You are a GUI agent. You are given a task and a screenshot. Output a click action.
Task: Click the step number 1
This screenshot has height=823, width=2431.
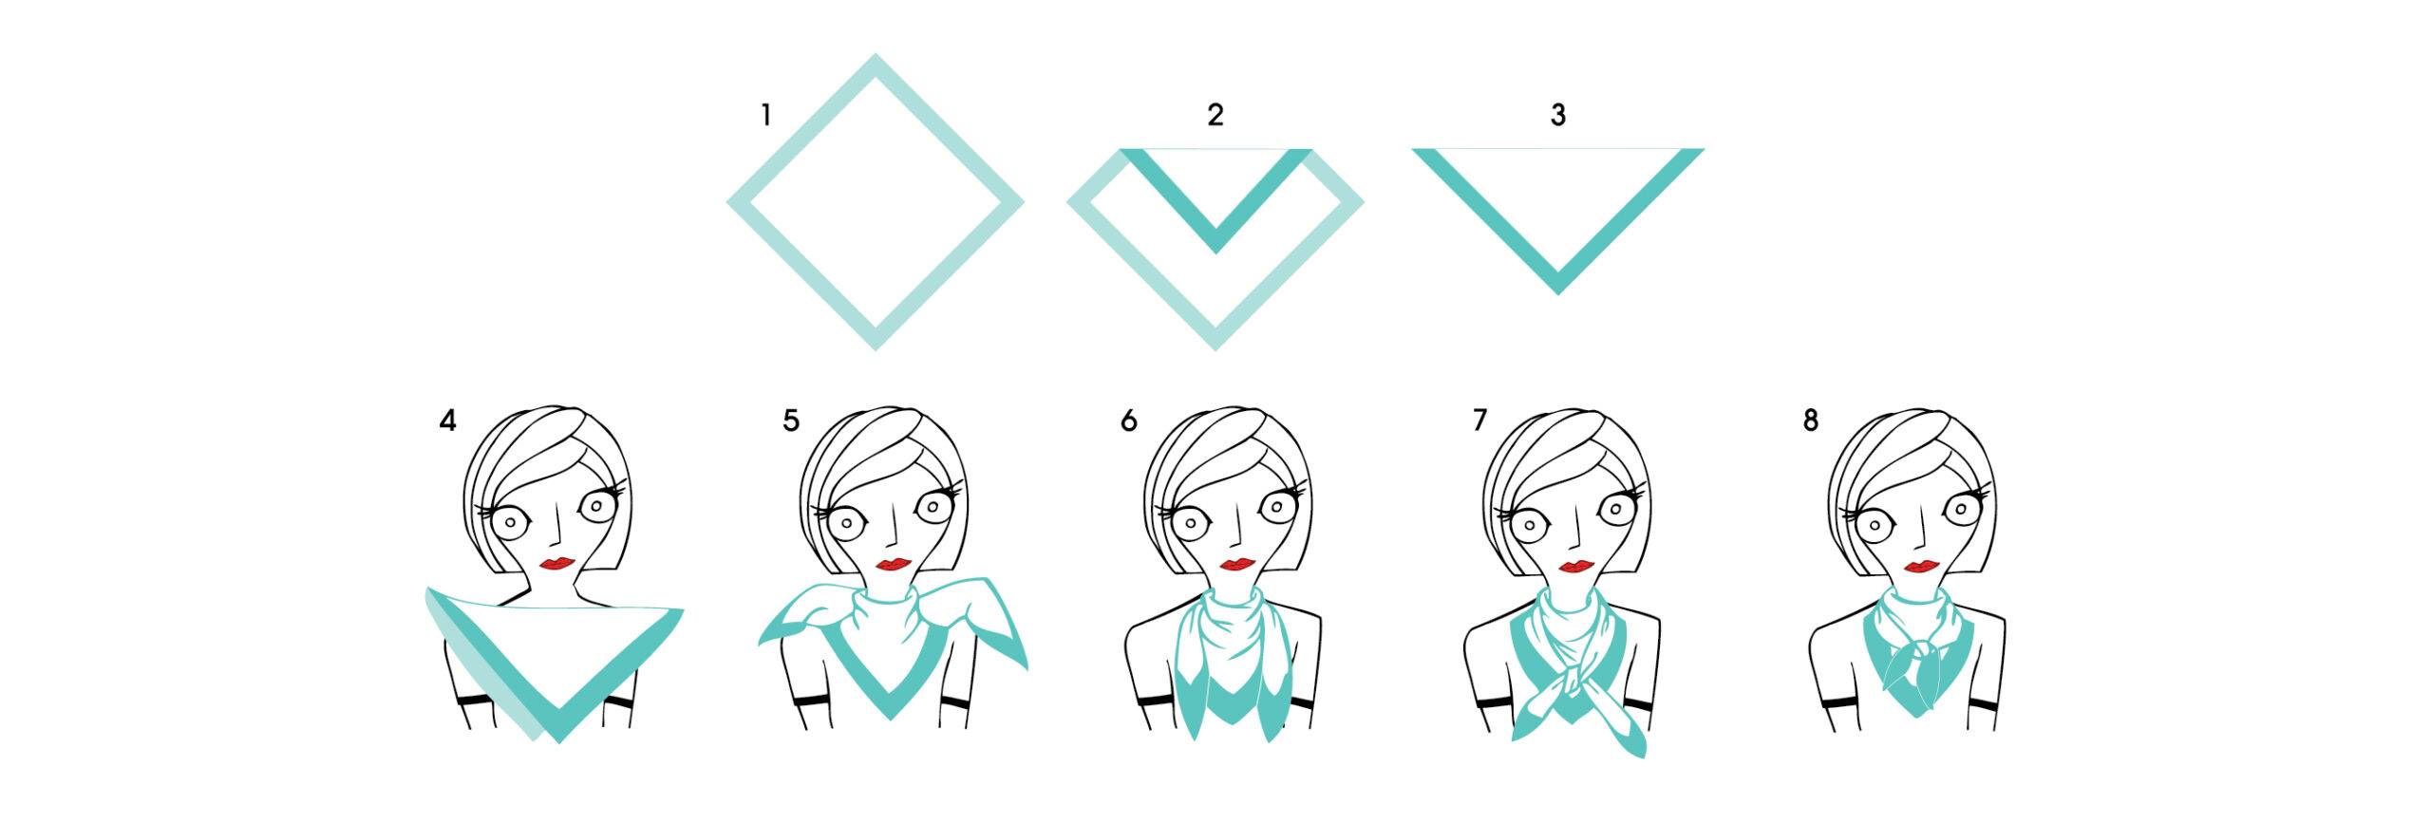(x=765, y=116)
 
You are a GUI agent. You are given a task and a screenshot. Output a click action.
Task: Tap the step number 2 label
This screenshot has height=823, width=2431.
(x=1215, y=116)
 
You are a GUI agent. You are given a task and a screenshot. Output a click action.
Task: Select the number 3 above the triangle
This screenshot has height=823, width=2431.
(x=1557, y=116)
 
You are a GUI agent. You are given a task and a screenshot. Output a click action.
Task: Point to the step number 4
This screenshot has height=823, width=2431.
(x=448, y=420)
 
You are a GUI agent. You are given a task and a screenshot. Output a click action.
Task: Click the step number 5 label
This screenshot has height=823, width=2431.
(x=791, y=420)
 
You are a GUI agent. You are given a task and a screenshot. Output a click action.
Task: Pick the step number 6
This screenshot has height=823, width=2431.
(x=1128, y=420)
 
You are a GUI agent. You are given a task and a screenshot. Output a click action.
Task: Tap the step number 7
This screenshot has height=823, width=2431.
(x=1479, y=420)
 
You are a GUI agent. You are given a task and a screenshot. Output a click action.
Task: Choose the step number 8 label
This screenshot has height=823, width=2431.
(x=1810, y=420)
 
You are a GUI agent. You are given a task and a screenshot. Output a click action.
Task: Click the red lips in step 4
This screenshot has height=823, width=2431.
(x=556, y=564)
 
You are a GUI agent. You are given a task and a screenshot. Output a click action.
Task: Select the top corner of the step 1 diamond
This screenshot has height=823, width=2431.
(x=875, y=55)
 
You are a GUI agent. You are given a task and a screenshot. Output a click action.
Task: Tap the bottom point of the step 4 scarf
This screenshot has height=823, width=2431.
(x=558, y=741)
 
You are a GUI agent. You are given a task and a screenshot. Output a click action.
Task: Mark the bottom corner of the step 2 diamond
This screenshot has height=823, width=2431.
(x=1215, y=349)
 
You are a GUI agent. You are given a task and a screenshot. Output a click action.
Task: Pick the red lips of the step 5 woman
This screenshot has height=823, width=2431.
(x=893, y=565)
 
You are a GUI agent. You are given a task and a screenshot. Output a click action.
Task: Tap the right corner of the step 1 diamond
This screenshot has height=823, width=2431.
(x=1023, y=202)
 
